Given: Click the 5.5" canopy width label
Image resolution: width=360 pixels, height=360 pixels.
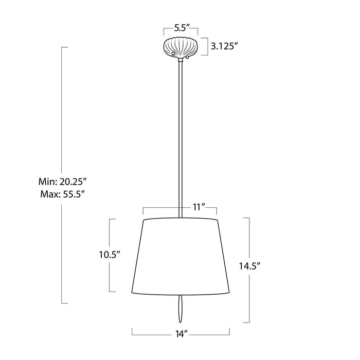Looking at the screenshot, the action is (x=182, y=28).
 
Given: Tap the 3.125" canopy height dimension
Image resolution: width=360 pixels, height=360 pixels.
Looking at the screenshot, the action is (x=224, y=47).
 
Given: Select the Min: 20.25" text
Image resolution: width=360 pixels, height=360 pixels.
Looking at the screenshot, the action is (x=62, y=182).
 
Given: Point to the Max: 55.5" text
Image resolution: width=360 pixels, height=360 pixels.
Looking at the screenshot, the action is (x=62, y=194).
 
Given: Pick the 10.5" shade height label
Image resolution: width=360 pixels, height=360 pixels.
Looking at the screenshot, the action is (x=110, y=255).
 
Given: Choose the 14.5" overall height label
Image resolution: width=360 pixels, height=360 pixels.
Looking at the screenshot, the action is (x=250, y=266).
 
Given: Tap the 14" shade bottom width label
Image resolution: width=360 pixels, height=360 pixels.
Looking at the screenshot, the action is (x=182, y=334).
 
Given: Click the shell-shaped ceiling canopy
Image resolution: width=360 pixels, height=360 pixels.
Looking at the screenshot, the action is (x=181, y=47).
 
